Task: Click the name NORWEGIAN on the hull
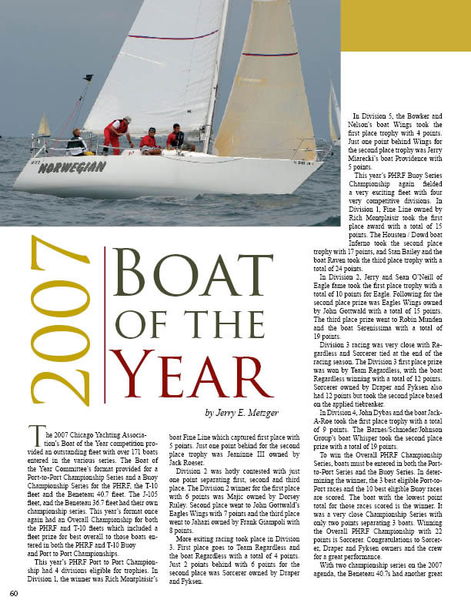pyautogui.click(x=72, y=166)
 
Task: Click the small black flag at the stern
pyautogui.click(x=89, y=77)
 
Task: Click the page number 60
pyautogui.click(x=14, y=593)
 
